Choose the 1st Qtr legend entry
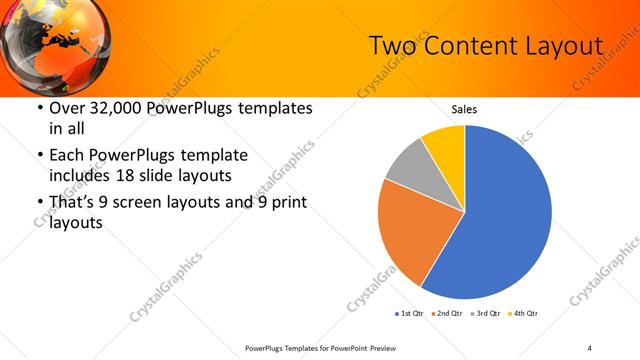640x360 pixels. (x=409, y=314)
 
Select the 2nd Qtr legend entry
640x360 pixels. (x=448, y=314)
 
